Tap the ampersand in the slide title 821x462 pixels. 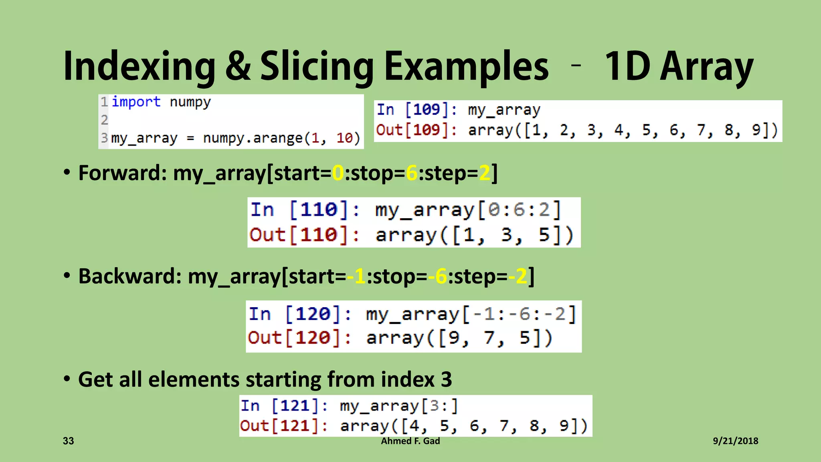click(x=238, y=66)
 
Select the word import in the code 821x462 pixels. click(x=136, y=102)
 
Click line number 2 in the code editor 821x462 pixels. click(x=104, y=120)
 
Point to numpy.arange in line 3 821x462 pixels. click(x=253, y=138)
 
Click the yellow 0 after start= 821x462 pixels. click(x=338, y=173)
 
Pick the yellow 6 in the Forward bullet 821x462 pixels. click(x=412, y=173)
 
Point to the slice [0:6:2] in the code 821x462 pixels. click(x=519, y=210)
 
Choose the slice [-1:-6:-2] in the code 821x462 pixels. click(x=520, y=314)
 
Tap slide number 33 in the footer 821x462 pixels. click(x=69, y=441)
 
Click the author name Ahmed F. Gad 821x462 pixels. click(x=410, y=441)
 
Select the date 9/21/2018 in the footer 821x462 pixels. click(x=735, y=441)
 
